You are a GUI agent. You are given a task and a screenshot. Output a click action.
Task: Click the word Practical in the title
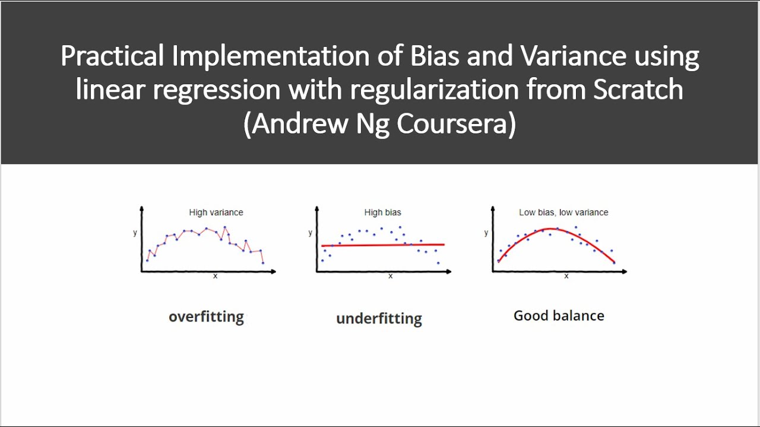[x=112, y=56]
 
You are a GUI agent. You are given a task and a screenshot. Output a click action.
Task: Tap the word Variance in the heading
[x=573, y=56]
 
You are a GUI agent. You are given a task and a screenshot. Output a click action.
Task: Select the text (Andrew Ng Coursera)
[x=379, y=125]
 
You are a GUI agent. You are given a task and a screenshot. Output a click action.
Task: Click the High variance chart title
[x=216, y=212]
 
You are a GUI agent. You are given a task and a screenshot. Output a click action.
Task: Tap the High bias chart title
[x=382, y=212]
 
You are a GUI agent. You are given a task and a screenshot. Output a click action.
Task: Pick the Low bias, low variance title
[x=563, y=212]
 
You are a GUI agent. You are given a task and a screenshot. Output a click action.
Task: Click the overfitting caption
[x=206, y=317]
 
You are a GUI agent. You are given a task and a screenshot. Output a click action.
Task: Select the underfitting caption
[x=379, y=318]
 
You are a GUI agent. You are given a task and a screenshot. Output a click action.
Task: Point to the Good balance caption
[x=559, y=316]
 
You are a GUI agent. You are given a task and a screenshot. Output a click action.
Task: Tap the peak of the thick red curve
[x=552, y=229]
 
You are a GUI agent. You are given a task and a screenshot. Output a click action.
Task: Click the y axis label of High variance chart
[x=135, y=232]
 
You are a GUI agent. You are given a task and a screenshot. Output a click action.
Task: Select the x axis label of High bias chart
[x=390, y=276]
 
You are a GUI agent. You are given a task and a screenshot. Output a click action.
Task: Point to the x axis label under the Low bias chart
[x=566, y=276]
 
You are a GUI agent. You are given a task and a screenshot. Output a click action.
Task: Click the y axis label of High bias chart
[x=311, y=232]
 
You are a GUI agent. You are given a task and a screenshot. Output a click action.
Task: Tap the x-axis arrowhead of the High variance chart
[x=273, y=272]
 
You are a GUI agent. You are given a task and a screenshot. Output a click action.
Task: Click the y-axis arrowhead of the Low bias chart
[x=493, y=209]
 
